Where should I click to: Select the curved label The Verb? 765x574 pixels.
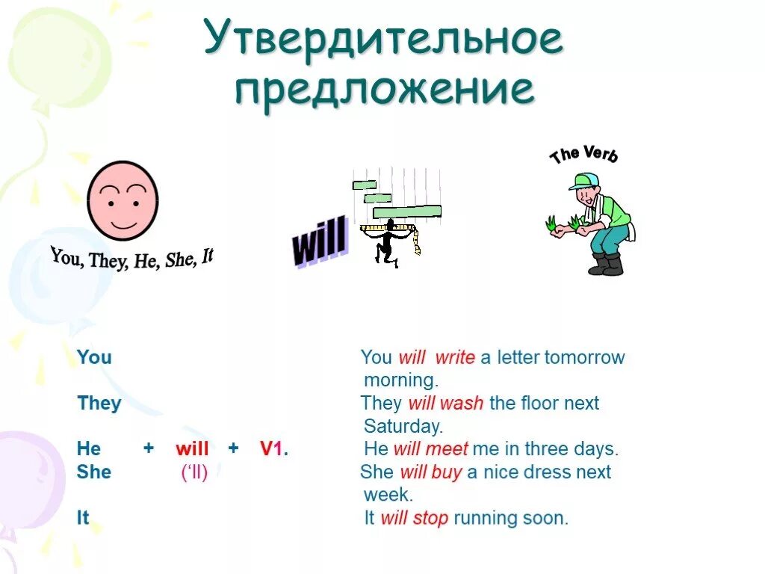(584, 154)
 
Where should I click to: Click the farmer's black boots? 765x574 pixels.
(606, 265)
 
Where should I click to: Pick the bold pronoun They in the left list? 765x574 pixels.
(99, 404)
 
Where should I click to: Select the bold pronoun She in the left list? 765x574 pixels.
(93, 472)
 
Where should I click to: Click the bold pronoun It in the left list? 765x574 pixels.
(82, 518)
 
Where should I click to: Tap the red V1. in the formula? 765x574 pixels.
(274, 449)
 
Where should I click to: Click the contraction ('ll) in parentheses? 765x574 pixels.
(194, 472)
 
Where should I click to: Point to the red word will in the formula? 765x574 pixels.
(192, 449)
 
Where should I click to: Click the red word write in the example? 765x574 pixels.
(455, 357)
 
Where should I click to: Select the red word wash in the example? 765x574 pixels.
(462, 404)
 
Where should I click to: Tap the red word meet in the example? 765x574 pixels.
(447, 449)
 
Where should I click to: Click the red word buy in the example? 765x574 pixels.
(446, 472)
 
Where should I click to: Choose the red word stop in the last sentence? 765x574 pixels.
(430, 518)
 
